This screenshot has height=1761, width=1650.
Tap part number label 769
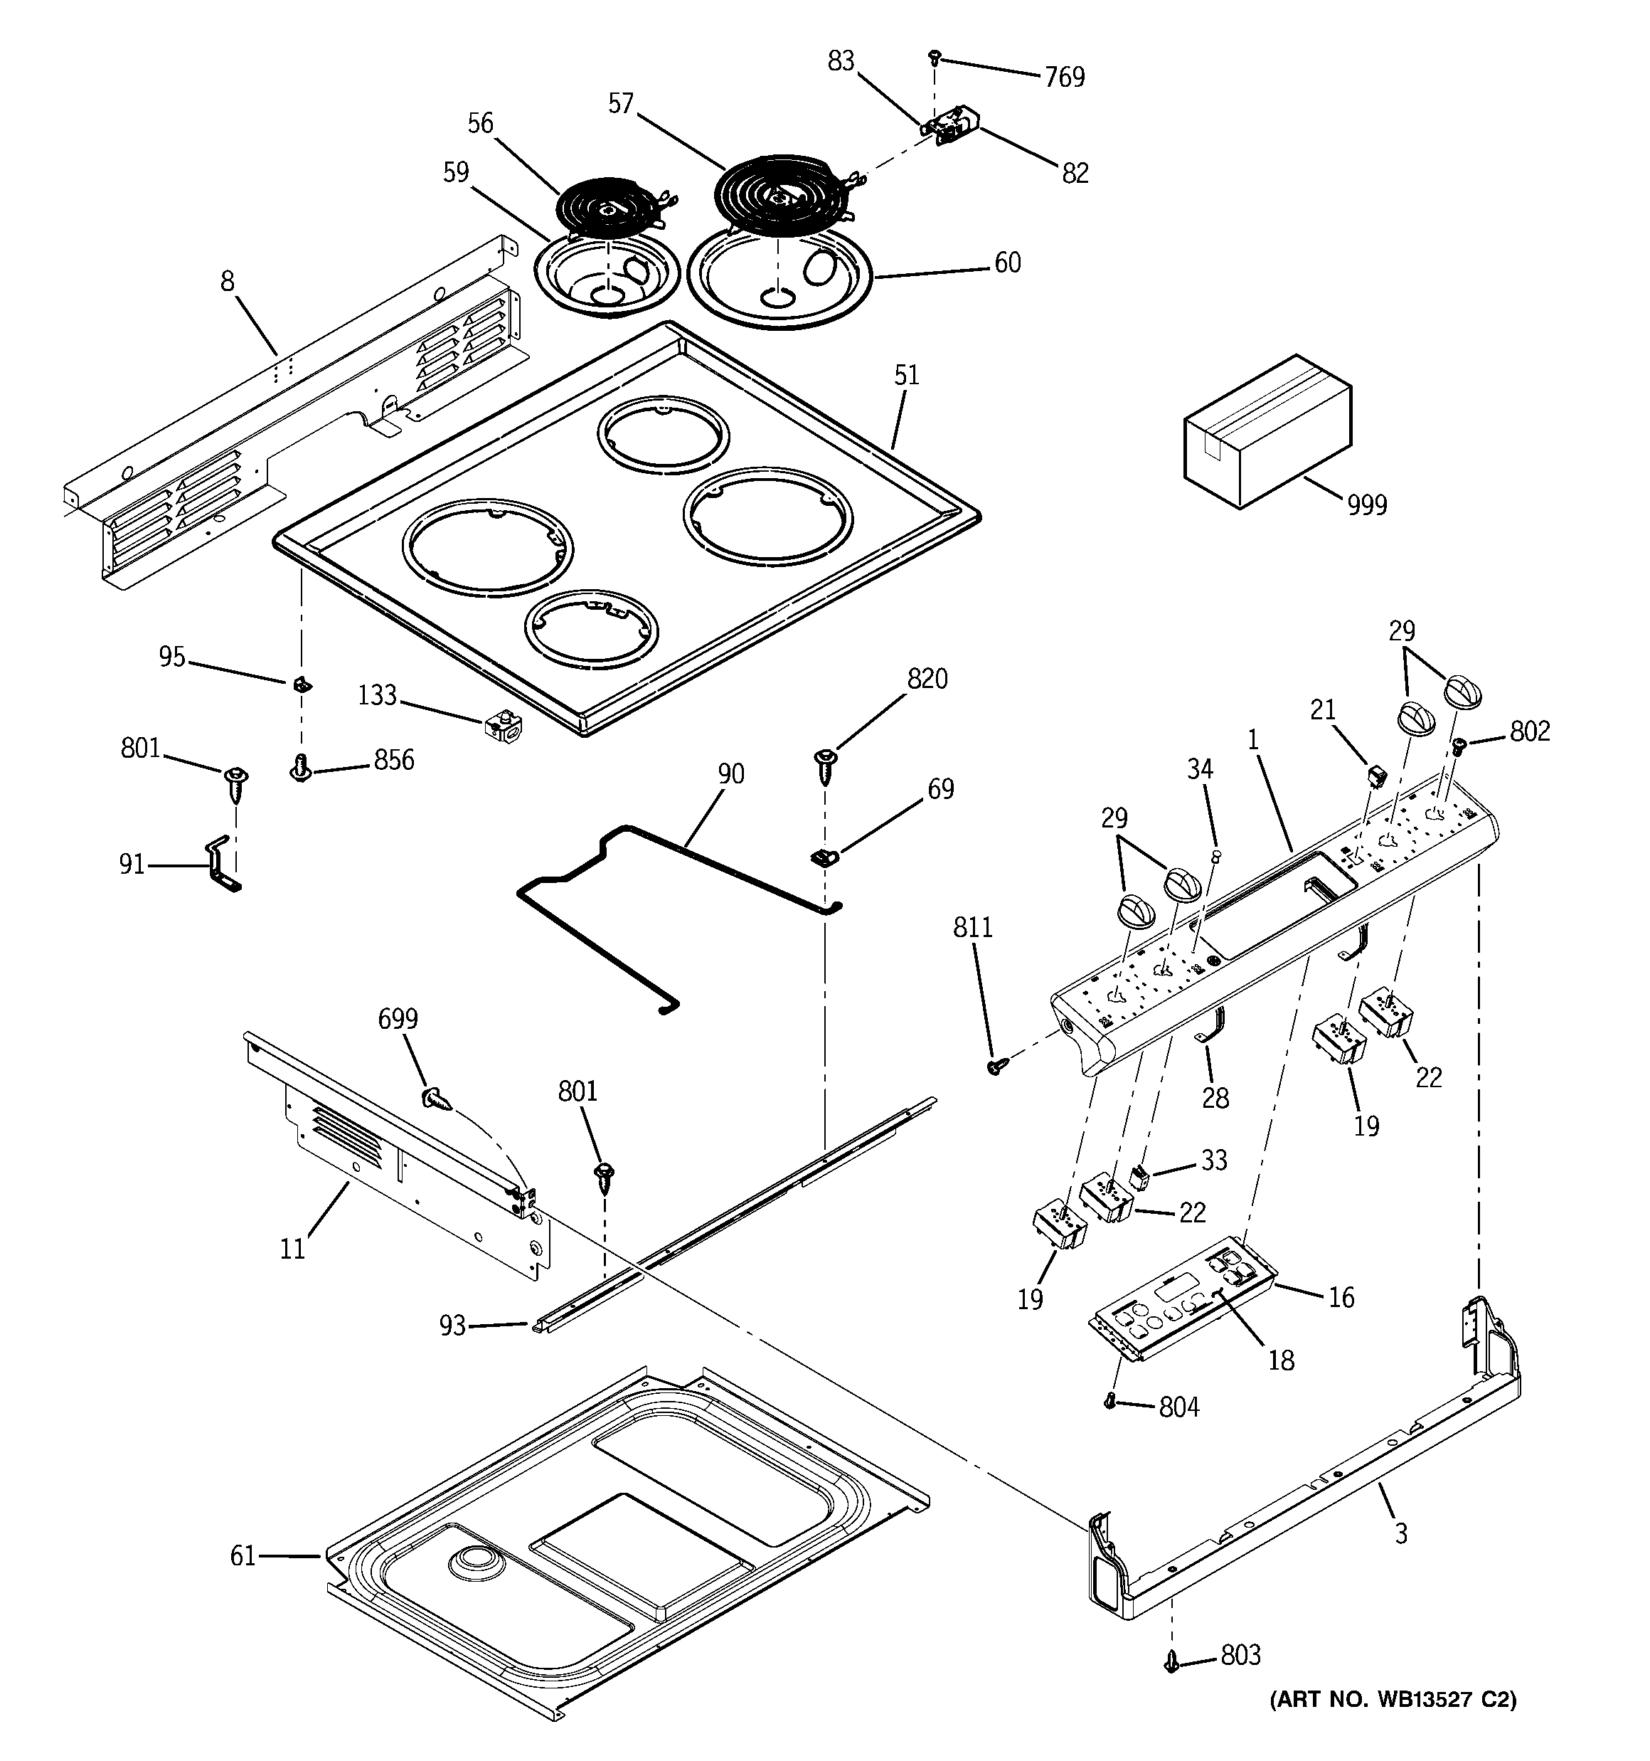(x=1064, y=78)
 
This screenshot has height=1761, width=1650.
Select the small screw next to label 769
(x=934, y=58)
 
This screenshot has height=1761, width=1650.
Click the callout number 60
(x=1007, y=263)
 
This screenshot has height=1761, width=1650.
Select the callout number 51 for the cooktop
(x=906, y=376)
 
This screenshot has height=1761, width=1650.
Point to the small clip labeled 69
(x=824, y=857)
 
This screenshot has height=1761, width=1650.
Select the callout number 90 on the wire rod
(x=730, y=774)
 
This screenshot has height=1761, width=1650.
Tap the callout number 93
(x=452, y=1326)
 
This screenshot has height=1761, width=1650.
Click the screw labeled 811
(x=994, y=1067)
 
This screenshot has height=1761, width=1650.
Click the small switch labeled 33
(x=1140, y=1178)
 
